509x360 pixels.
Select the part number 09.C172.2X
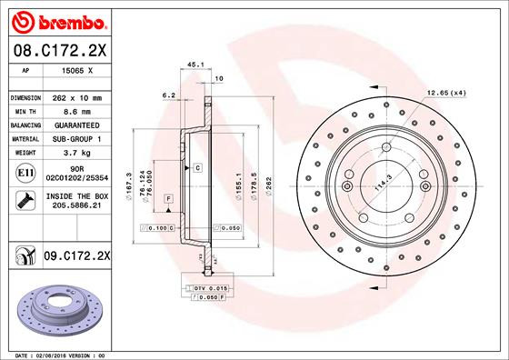[x=77, y=258]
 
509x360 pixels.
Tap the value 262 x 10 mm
[x=75, y=97]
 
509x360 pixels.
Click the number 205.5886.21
[x=75, y=207]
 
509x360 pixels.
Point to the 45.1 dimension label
[x=194, y=65]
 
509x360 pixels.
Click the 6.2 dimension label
[x=167, y=94]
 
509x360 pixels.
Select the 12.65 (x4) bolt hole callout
[x=447, y=94]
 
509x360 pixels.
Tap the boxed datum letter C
[x=196, y=169]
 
